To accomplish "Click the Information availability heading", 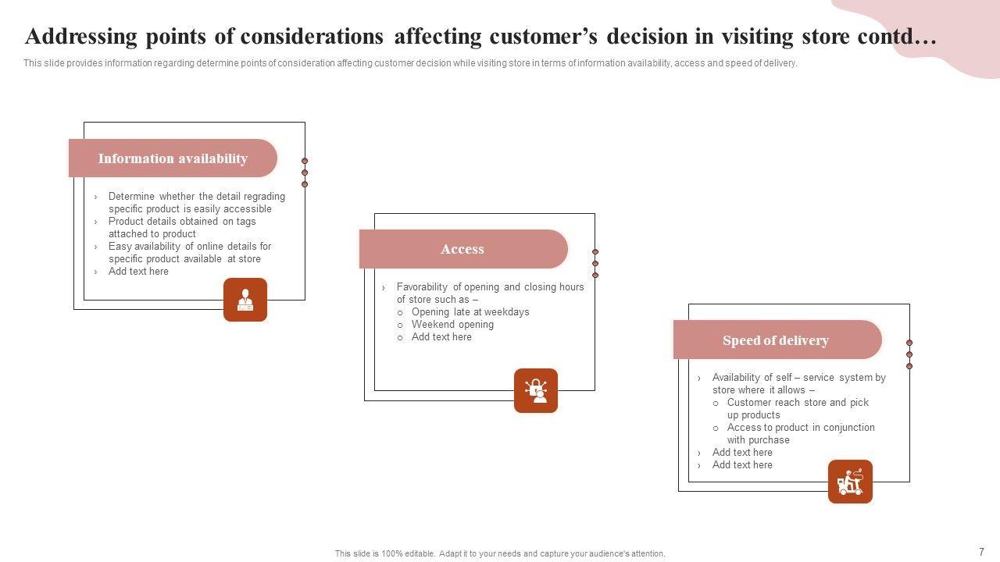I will [173, 158].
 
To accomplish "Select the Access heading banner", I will [462, 249].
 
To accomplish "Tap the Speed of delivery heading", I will [776, 340].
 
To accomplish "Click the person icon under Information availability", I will [245, 300].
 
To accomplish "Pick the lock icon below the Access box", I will [536, 390].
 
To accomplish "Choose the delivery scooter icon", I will [850, 482].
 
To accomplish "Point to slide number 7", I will [981, 551].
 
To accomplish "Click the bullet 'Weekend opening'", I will [452, 325].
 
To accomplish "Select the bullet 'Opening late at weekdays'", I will [470, 312].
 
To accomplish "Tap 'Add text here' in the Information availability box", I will [138, 272].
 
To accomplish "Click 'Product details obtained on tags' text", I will [182, 222].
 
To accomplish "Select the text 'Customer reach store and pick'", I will [798, 403].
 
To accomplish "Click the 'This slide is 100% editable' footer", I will [500, 553].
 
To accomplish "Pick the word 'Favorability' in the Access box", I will [422, 287].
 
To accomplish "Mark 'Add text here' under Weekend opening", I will [441, 337].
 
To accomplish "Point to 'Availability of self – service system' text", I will [798, 378].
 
